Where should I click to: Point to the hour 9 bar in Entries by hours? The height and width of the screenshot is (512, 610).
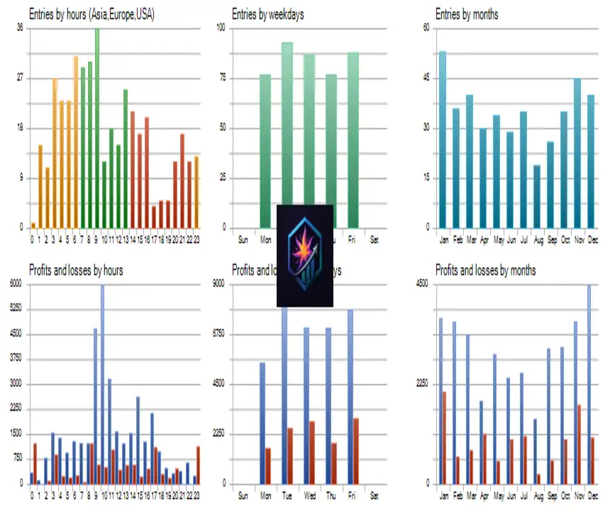click(x=97, y=128)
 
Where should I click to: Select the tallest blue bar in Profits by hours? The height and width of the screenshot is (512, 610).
click(x=102, y=383)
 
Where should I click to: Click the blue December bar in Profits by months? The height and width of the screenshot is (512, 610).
click(x=588, y=383)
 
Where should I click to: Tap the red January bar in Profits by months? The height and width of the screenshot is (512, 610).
click(x=445, y=437)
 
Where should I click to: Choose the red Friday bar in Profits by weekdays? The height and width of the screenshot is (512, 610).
click(x=356, y=450)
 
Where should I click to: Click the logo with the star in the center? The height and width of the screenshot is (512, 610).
click(x=305, y=256)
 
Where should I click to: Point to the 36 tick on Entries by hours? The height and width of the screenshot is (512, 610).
click(x=19, y=28)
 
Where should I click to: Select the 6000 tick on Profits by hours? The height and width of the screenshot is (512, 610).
click(x=16, y=284)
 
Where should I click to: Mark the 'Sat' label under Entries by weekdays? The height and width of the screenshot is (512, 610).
click(x=374, y=240)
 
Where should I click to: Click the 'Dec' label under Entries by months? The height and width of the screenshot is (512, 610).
click(x=592, y=240)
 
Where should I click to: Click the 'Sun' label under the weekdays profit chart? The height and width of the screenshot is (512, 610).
click(x=243, y=495)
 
